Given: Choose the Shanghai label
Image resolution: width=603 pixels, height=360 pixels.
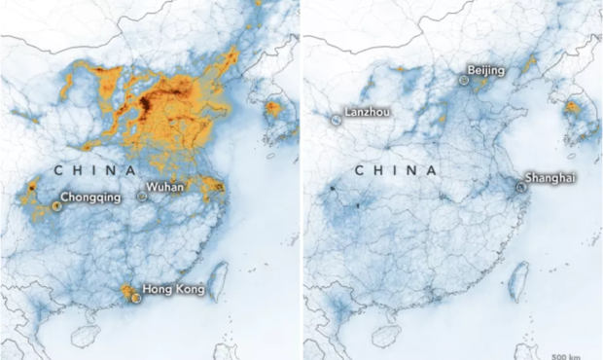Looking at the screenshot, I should [550, 178].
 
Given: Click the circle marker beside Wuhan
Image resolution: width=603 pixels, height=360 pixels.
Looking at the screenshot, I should [142, 196].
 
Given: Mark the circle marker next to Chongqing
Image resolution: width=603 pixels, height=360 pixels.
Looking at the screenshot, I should [55, 205].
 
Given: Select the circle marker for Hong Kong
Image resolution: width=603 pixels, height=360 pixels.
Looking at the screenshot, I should [136, 298].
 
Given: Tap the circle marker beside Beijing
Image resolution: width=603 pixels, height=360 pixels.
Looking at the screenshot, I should [464, 82].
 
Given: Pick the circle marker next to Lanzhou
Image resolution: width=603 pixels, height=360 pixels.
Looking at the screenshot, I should [336, 119].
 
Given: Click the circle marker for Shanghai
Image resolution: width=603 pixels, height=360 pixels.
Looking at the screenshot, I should [520, 188].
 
